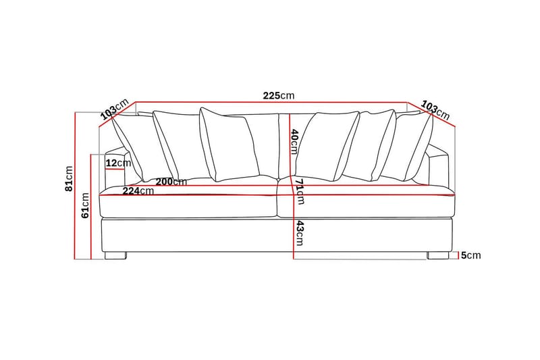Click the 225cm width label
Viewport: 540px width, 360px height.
(x=279, y=96)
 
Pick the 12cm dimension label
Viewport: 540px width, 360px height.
(x=119, y=163)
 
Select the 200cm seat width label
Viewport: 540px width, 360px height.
(x=171, y=182)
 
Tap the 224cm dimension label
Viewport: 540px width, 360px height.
(x=138, y=191)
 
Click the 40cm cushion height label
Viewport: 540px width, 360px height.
(x=294, y=142)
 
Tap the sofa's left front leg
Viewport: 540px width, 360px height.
(x=115, y=256)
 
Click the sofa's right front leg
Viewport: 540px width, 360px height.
(x=437, y=256)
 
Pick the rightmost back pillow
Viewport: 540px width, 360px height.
(x=413, y=145)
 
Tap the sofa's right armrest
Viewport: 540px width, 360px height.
(x=439, y=169)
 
